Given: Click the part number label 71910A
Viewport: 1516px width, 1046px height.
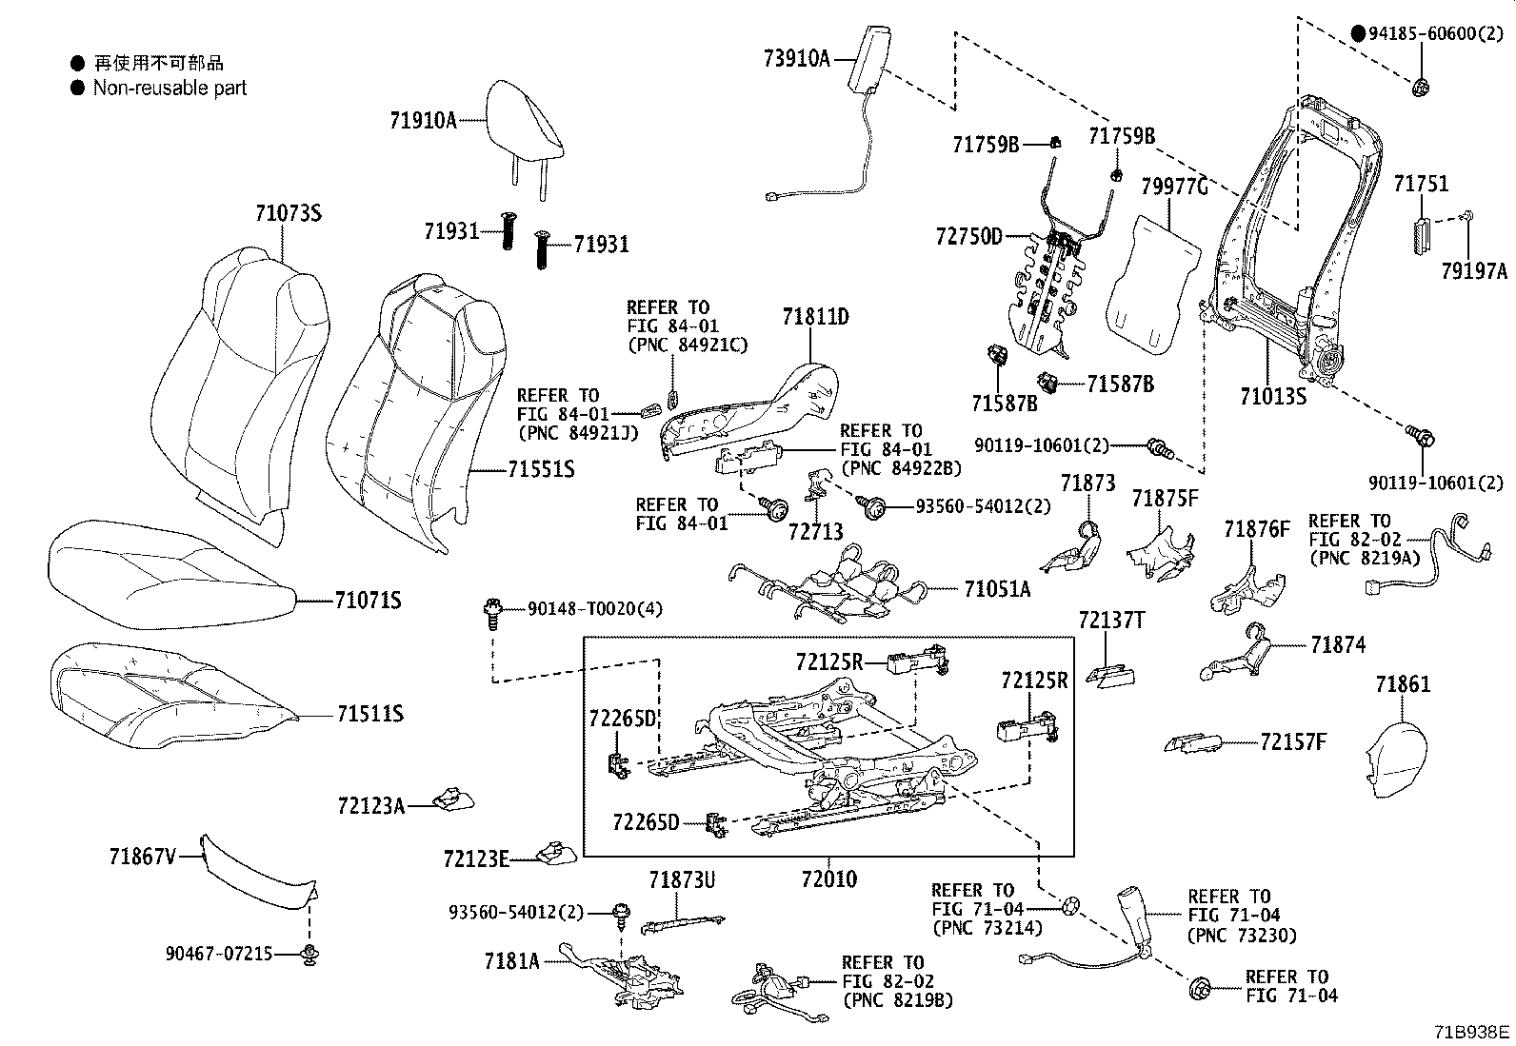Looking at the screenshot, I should [x=423, y=120].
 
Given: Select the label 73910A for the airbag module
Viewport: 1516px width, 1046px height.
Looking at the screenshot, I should [x=796, y=59].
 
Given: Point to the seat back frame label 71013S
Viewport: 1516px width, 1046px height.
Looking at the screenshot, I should [x=1273, y=396].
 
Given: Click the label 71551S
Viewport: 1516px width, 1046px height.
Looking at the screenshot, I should [x=540, y=469].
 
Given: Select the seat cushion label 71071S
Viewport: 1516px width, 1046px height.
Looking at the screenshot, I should [x=368, y=601].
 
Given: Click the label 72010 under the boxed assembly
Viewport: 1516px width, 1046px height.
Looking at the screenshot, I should [x=828, y=878].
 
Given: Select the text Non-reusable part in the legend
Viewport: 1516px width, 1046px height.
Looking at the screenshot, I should [x=170, y=89].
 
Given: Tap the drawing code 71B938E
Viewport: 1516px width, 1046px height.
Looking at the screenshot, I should [x=1473, y=1031].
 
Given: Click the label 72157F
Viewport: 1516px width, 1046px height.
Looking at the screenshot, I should [x=1292, y=742].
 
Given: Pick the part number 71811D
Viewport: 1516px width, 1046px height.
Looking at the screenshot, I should [x=815, y=316].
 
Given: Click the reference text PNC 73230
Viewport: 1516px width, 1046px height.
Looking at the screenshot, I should [x=1242, y=935].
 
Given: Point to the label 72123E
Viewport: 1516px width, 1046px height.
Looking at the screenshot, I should [x=475, y=859].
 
